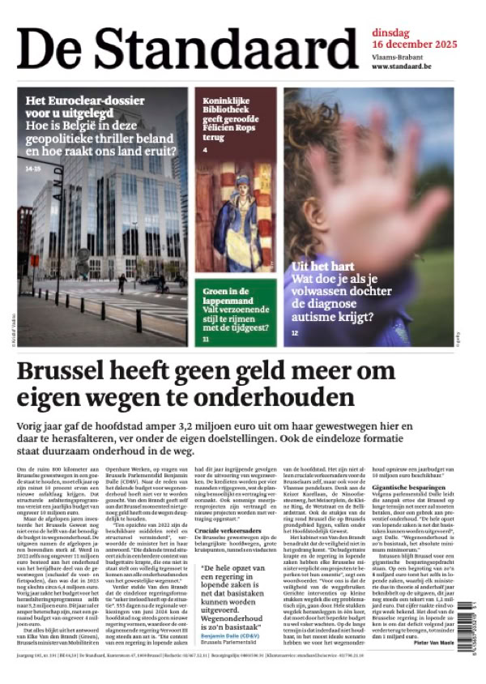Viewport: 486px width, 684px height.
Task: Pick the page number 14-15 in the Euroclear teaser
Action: [x=33, y=169]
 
